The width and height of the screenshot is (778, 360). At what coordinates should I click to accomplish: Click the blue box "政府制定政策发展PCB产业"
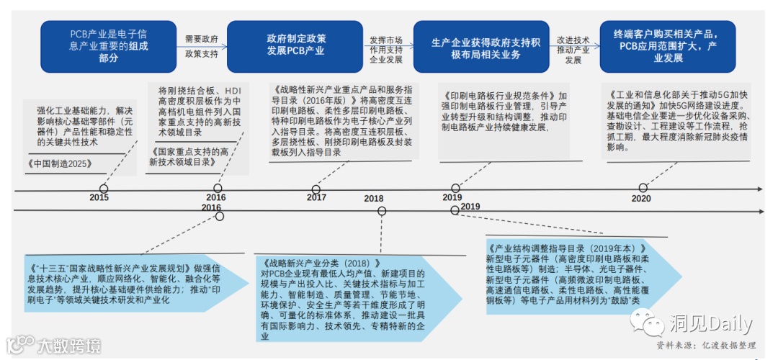pyautogui.click(x=295, y=45)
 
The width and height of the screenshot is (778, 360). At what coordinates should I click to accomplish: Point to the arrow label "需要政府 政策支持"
pyautogui.click(x=201, y=46)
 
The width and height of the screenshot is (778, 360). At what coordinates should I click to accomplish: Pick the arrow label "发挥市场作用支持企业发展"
pyautogui.click(x=386, y=50)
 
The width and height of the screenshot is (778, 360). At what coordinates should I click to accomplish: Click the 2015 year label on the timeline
pyautogui.click(x=99, y=198)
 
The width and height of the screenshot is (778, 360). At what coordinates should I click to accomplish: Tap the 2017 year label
pyautogui.click(x=316, y=198)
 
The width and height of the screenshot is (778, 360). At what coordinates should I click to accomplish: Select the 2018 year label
pyautogui.click(x=374, y=199)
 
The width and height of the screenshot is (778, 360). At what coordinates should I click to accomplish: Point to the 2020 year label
pyautogui.click(x=641, y=199)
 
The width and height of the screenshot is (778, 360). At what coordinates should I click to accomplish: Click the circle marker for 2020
pyautogui.click(x=643, y=188)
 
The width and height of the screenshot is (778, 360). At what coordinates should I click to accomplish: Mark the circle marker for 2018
pyautogui.click(x=382, y=211)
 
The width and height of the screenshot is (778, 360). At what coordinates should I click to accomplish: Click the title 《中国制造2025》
pyautogui.click(x=61, y=163)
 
